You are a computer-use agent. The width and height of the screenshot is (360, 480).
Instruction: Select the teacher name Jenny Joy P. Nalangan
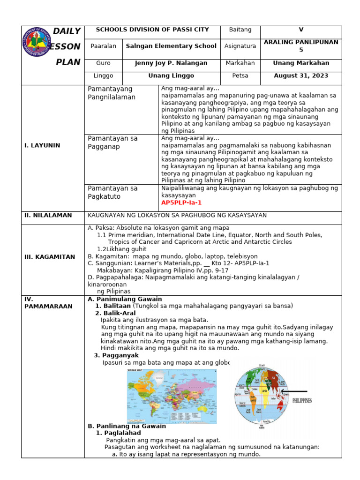click(x=171, y=63)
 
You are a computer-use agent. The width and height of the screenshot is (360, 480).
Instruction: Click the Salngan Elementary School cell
click(x=171, y=46)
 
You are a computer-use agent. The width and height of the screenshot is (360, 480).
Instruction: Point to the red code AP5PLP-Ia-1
click(x=181, y=202)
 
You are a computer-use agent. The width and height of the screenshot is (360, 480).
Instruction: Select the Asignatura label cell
click(x=240, y=46)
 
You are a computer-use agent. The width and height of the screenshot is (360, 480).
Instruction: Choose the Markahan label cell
click(x=240, y=63)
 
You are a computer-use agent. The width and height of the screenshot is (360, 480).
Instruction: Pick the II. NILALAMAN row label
click(x=48, y=215)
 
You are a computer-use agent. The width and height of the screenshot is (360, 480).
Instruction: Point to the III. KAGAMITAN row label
click(x=50, y=257)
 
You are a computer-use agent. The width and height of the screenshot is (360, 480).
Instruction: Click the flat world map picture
click(x=172, y=396)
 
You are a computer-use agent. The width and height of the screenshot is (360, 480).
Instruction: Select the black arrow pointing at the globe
click(x=294, y=391)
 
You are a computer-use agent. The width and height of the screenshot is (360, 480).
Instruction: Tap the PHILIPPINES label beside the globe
click(x=302, y=401)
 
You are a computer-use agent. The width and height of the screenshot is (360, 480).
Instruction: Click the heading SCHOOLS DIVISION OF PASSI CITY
click(x=152, y=30)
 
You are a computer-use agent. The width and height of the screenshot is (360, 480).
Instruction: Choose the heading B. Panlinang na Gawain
click(x=127, y=426)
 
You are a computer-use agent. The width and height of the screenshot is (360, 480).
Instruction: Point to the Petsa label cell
click(x=240, y=75)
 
